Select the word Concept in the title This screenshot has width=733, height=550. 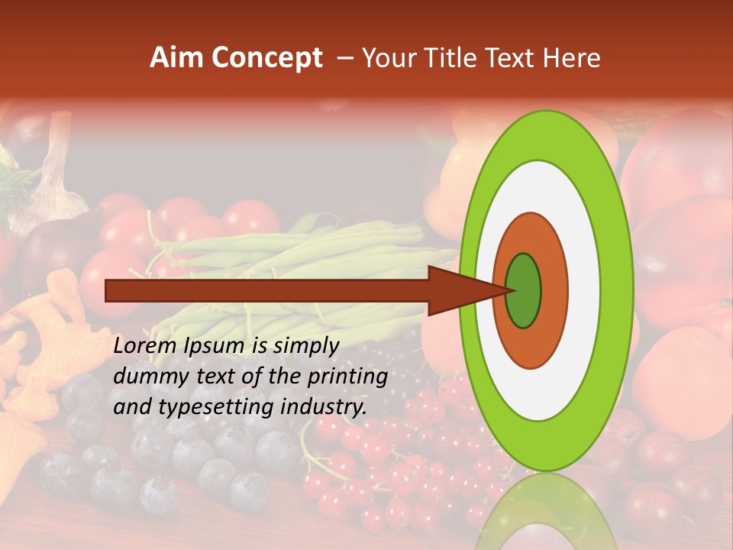tap(267, 58)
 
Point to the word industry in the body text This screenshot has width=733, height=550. tap(324, 407)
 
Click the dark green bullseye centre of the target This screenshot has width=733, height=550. tap(524, 290)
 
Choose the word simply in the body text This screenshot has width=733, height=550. tap(305, 346)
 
